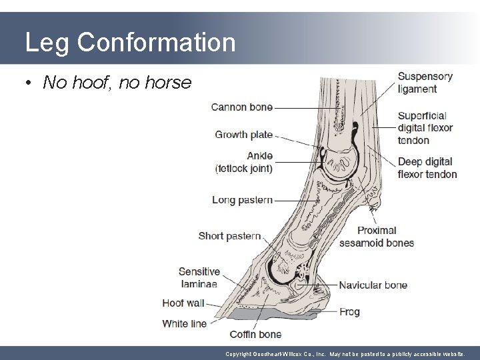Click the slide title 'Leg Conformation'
pos(130,43)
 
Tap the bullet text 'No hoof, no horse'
pos(117,83)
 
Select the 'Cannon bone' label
pos(242,107)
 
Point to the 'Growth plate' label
pos(243,135)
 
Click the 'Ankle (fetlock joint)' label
pos(243,162)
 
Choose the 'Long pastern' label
pos(242,199)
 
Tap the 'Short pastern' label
pos(229,236)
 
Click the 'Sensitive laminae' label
pos(199,277)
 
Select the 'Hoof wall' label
pos(183,303)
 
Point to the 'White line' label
pos(185,323)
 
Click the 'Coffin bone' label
pos(255,334)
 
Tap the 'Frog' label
pos(349,311)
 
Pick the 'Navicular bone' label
pos(373,285)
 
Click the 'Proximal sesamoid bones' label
pos(376,237)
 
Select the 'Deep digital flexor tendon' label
pos(427,168)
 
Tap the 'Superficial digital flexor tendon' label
pos(425,127)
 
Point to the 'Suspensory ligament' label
pos(425,83)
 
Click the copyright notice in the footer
pos(349,353)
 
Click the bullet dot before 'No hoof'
pos(29,83)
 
